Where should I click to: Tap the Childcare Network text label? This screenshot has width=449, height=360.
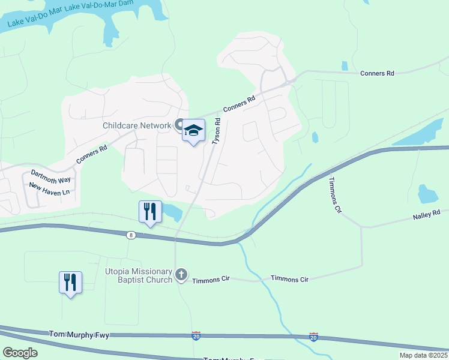[x=137, y=125]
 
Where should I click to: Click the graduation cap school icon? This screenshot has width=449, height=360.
[x=194, y=130]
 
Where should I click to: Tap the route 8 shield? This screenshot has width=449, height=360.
[x=131, y=235]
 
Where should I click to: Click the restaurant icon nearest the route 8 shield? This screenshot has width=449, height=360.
[x=150, y=211]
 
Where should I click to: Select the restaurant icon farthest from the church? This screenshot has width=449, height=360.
[x=70, y=281]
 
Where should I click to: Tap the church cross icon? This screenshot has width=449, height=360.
[x=181, y=275]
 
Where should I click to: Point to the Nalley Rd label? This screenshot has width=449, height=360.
[x=426, y=212]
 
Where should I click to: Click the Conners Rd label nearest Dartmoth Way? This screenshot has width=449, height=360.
[x=91, y=155]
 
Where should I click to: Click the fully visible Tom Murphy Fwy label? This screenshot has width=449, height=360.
[x=79, y=334]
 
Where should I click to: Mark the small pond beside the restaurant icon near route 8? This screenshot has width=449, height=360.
[x=172, y=211]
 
